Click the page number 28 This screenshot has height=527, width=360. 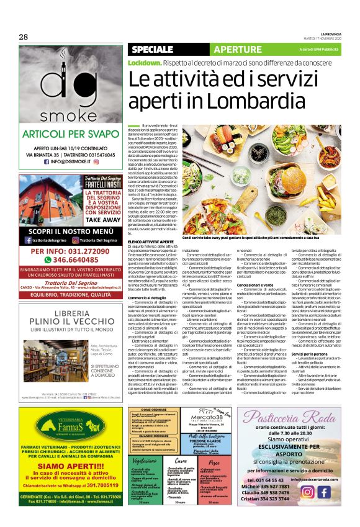[23, 37]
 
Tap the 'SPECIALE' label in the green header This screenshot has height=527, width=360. [152, 48]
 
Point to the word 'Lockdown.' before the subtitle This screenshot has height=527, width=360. [145, 63]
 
